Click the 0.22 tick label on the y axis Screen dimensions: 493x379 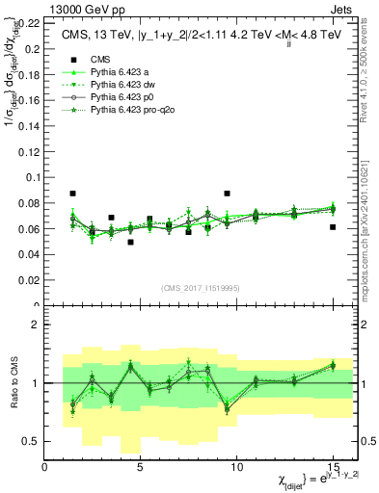pyautogui.click(x=29, y=21)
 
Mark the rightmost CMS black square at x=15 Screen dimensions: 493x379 pyautogui.click(x=332, y=227)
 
